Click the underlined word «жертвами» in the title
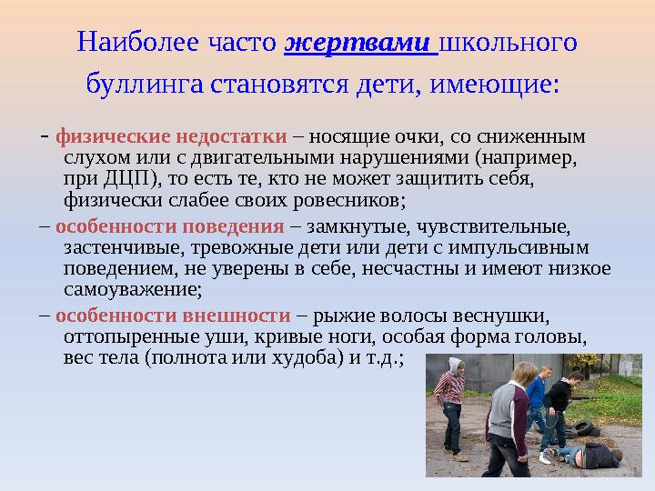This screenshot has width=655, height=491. click(361, 43)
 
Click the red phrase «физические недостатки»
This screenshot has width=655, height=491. click(172, 138)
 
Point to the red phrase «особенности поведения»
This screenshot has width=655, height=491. click(170, 227)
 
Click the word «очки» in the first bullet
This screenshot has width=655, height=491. click(422, 138)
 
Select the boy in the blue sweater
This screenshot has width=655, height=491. click(536, 400)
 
